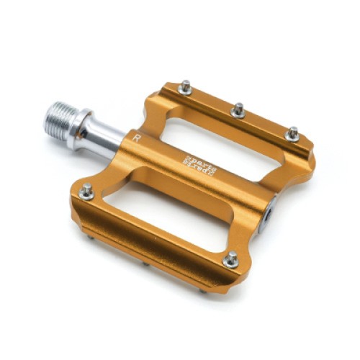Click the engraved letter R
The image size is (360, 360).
137,135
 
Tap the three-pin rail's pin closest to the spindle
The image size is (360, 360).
185,87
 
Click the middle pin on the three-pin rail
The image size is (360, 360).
238,110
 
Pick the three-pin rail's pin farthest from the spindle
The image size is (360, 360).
292,133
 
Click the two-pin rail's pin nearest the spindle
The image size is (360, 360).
86,192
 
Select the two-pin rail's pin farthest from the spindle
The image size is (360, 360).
230,260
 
